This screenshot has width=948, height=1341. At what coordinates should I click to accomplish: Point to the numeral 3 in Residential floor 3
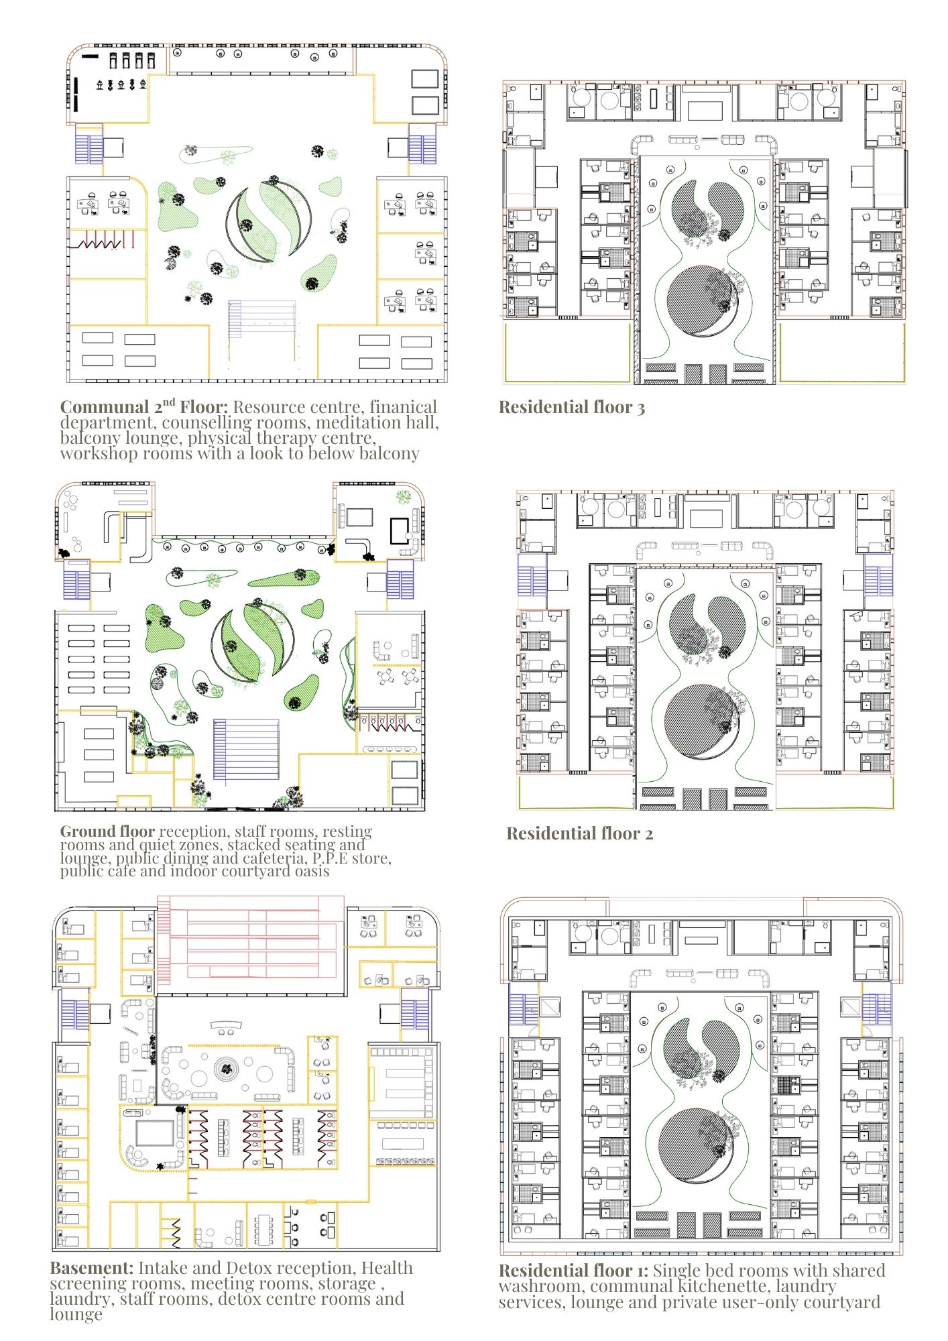(x=641, y=408)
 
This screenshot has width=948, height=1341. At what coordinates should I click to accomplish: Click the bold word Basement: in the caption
(x=92, y=1268)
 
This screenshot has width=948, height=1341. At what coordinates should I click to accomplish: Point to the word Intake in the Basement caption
(x=160, y=1268)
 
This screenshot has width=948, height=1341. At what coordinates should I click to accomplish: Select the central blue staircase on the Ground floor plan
(x=246, y=750)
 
